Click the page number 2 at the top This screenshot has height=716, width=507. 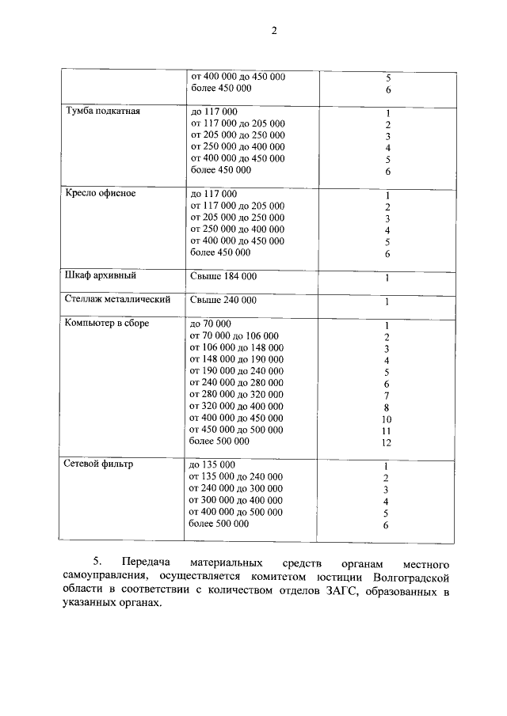pyautogui.click(x=273, y=31)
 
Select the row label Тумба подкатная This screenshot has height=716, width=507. pyautogui.click(x=102, y=112)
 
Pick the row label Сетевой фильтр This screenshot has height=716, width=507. pyautogui.click(x=98, y=464)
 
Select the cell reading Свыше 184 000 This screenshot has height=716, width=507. pyautogui.click(x=223, y=276)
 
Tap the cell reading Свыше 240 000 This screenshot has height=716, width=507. pyautogui.click(x=223, y=301)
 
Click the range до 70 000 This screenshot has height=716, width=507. pyautogui.click(x=211, y=324)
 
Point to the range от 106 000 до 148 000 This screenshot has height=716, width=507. pyautogui.click(x=236, y=347)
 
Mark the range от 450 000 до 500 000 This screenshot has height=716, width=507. pyautogui.click(x=236, y=430)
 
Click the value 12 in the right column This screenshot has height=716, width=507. pyautogui.click(x=387, y=443)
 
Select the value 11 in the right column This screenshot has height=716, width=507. pyautogui.click(x=387, y=431)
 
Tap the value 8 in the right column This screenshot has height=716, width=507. pyautogui.click(x=387, y=407)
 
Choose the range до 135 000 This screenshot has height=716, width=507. pyautogui.click(x=213, y=464)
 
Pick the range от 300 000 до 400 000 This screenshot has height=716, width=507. pyautogui.click(x=236, y=500)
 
